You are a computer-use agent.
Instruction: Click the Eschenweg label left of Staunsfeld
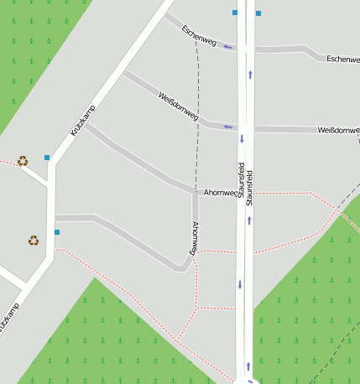coord(199,34)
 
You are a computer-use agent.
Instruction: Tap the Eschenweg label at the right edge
coord(342,60)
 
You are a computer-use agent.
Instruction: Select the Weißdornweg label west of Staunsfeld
coord(178,106)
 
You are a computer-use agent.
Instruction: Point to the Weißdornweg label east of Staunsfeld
coord(338,131)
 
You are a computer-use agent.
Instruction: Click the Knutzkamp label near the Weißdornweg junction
coord(83,121)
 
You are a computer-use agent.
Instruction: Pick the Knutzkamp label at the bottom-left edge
coord(8,319)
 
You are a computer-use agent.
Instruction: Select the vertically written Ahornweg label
coord(194,238)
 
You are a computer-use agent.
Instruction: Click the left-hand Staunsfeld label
coord(241,179)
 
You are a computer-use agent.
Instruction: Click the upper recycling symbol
coord(23,160)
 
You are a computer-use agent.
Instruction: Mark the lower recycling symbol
coord(33,241)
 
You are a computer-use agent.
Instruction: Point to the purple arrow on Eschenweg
coord(228,47)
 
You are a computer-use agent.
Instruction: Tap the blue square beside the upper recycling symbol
coord(47,158)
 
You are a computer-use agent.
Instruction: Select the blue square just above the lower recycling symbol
coord(57,231)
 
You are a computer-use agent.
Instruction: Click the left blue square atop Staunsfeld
coord(235,13)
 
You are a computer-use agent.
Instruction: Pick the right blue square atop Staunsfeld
coord(258,13)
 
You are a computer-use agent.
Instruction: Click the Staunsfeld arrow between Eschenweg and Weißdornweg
coord(250,75)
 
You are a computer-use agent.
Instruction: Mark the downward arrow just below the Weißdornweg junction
coord(241,138)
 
